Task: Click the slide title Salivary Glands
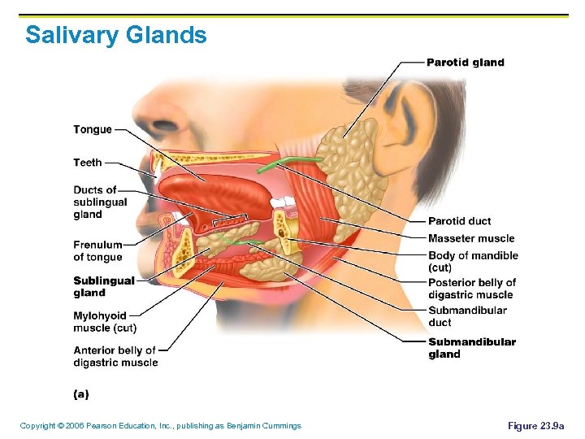[x=116, y=36]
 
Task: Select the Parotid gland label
[x=466, y=63]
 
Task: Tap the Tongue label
[x=93, y=130]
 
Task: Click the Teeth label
[x=88, y=163]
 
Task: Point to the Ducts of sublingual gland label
[x=100, y=202]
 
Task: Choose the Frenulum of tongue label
[x=97, y=251]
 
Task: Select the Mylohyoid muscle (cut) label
[x=104, y=322]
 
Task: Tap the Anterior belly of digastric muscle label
[x=115, y=357]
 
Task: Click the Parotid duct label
[x=459, y=221]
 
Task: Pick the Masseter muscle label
[x=471, y=238]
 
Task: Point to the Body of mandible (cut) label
[x=473, y=261]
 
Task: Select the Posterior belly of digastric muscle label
[x=472, y=289]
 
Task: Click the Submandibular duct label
[x=467, y=316]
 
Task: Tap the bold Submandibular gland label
[x=472, y=348]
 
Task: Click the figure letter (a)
[x=81, y=394]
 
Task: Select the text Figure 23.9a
[x=535, y=426]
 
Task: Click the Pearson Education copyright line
[x=160, y=426]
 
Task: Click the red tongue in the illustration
[x=203, y=195]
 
